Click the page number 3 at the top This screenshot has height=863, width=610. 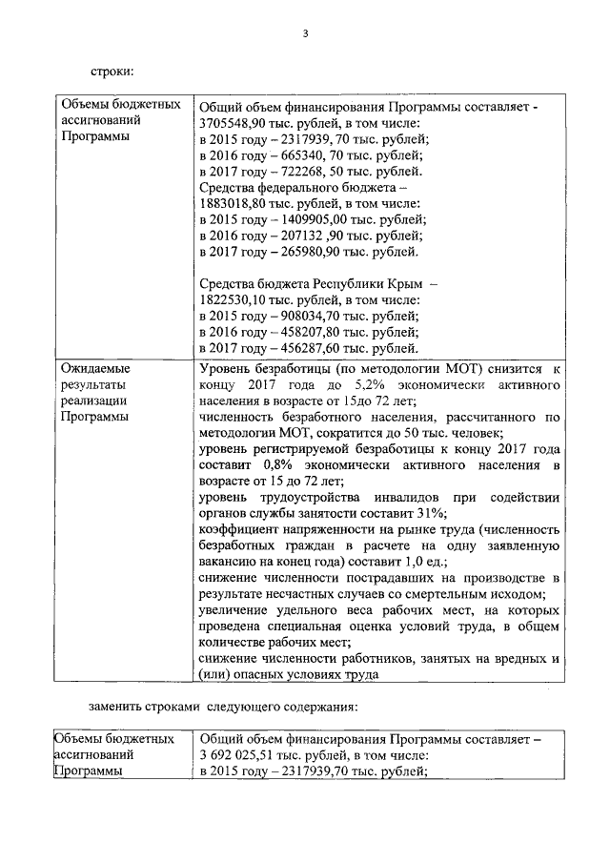pyautogui.click(x=305, y=34)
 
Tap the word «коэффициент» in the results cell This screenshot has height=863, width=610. pyautogui.click(x=241, y=529)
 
